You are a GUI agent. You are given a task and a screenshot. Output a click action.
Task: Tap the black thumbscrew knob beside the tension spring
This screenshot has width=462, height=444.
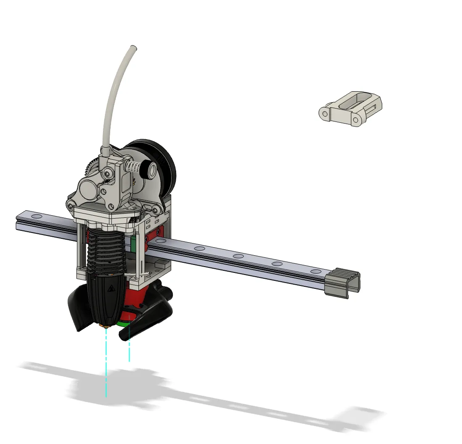tap(149, 169)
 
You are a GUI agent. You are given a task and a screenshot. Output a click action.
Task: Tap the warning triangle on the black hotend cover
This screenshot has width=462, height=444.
tap(111, 288)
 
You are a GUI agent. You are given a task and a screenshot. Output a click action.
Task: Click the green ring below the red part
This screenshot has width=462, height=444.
tap(124, 323)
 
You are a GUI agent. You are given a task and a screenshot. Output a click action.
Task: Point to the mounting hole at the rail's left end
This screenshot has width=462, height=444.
tap(37, 217)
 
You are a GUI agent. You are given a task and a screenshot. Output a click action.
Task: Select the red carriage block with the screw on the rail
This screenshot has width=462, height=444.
tap(157, 235)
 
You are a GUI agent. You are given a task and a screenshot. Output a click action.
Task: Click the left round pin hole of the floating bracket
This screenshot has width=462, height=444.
tap(324, 113)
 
